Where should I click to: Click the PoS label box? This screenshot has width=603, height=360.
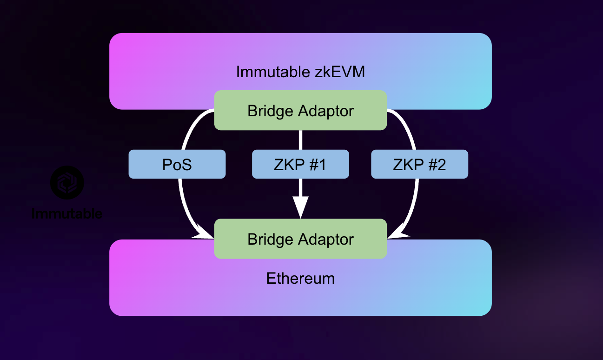point(177,164)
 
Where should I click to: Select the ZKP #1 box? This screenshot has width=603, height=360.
point(300,164)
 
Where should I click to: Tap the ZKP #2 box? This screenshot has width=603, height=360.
point(419,164)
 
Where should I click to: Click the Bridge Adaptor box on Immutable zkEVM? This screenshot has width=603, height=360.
point(300,111)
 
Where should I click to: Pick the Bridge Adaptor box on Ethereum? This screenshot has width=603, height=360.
point(300,239)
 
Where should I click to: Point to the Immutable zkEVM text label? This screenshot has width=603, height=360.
point(300,72)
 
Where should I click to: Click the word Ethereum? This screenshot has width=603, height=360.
point(300,278)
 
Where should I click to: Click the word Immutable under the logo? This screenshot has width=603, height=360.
point(67,214)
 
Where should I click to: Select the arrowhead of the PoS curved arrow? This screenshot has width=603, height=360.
point(203,234)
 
